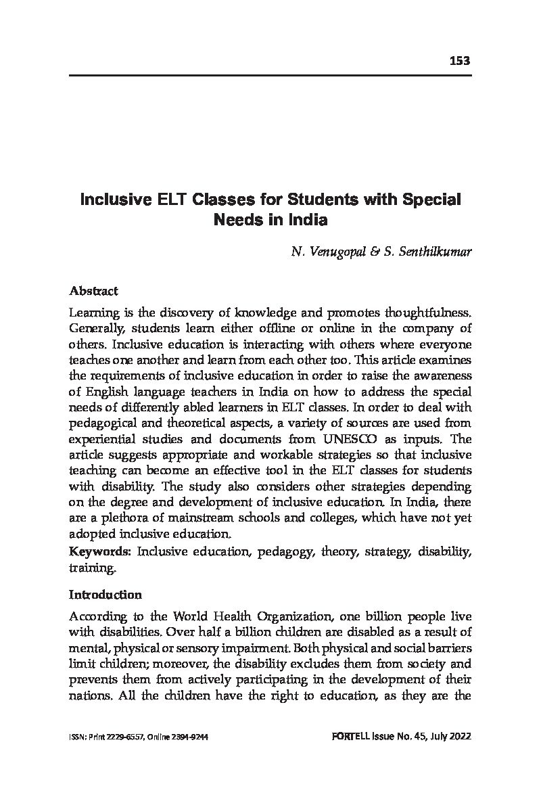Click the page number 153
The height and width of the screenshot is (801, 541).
(459, 61)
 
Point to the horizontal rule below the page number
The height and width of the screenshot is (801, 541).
(270, 75)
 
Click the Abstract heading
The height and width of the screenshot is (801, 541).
(93, 291)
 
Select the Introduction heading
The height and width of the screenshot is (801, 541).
(105, 595)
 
